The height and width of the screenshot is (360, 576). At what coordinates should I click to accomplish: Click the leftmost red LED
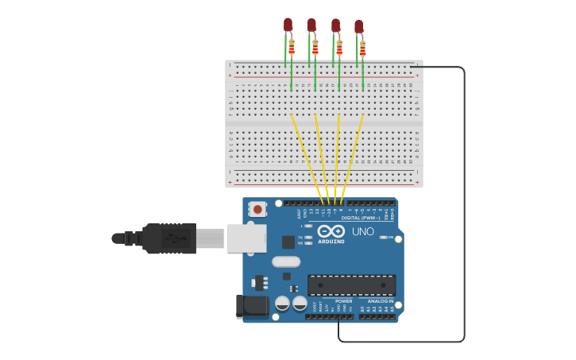(x=288, y=25)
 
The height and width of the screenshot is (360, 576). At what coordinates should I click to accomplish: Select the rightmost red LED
(x=358, y=27)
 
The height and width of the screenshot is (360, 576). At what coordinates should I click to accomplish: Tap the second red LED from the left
(x=311, y=25)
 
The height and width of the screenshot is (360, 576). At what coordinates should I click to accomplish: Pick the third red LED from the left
(x=335, y=25)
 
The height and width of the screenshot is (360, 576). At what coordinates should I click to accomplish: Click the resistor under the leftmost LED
(x=292, y=48)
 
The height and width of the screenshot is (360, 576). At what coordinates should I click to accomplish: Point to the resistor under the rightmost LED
(x=362, y=49)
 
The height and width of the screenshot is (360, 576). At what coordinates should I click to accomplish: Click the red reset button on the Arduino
(x=257, y=210)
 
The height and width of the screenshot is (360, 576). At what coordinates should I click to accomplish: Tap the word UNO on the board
(x=363, y=232)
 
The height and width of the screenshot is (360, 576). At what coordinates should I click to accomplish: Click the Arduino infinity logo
(x=331, y=231)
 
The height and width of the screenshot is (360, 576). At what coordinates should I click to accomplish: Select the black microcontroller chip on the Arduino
(x=351, y=285)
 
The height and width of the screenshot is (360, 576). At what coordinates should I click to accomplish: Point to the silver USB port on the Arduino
(x=246, y=238)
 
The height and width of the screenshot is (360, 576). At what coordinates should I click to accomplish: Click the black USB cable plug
(x=168, y=238)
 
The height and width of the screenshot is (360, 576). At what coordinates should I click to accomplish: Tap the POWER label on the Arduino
(x=343, y=301)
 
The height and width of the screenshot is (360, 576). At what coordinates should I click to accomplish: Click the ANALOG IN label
(x=379, y=301)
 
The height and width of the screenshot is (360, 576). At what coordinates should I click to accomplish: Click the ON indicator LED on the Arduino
(x=383, y=238)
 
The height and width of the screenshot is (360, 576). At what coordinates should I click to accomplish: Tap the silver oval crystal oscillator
(x=286, y=261)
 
